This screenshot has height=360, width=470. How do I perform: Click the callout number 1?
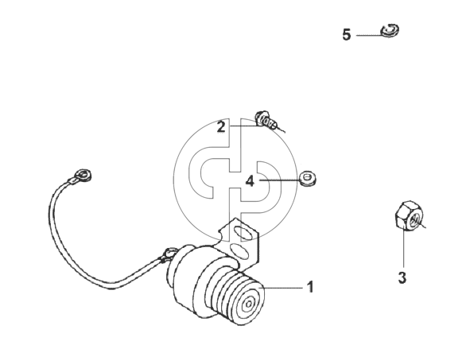310,287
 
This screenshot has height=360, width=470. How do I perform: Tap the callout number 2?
221,126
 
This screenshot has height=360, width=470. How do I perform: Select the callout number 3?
402,277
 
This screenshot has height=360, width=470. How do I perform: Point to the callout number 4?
250,181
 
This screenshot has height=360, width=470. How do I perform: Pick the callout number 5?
347,35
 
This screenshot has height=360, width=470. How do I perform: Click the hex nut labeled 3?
409,216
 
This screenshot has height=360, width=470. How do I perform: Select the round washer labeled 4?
308,178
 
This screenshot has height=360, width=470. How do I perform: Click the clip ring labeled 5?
390,30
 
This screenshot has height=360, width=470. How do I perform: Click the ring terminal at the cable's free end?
82,176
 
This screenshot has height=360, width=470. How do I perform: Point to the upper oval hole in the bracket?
243,233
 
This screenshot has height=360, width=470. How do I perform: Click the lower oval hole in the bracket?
240,251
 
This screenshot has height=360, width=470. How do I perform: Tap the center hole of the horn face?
248,305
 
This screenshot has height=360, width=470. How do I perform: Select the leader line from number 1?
283,288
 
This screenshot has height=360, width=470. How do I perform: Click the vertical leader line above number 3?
404,249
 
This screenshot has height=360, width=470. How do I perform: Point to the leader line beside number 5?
370,35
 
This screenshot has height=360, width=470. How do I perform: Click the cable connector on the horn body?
169,254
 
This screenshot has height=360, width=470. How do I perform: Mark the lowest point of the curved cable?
112,288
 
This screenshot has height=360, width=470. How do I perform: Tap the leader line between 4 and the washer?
280,180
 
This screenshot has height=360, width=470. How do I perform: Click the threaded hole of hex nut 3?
415,220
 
